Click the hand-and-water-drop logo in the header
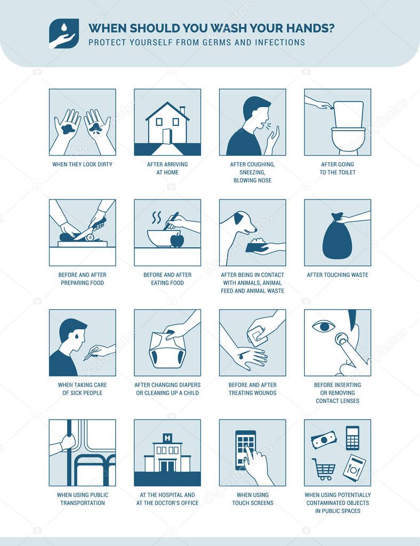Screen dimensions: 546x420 pyautogui.click(x=64, y=34)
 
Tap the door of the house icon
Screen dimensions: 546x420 pyautogui.click(x=167, y=136)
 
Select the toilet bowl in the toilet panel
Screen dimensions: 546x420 pyautogui.click(x=348, y=139)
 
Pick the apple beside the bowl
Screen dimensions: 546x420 pyautogui.click(x=177, y=240)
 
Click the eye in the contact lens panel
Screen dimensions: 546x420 pyautogui.click(x=323, y=326)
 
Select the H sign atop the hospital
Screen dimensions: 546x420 pyautogui.click(x=167, y=438)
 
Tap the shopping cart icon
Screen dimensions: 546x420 pyautogui.click(x=324, y=469)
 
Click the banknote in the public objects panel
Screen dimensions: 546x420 pyautogui.click(x=324, y=440)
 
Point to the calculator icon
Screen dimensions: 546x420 pyautogui.click(x=352, y=437)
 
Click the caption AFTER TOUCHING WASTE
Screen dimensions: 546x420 pyautogui.click(x=337, y=275)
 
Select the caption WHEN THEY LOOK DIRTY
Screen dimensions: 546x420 pyautogui.click(x=82, y=164)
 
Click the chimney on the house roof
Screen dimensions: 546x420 pyautogui.click(x=182, y=110)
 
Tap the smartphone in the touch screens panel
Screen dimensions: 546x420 pyautogui.click(x=246, y=448)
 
